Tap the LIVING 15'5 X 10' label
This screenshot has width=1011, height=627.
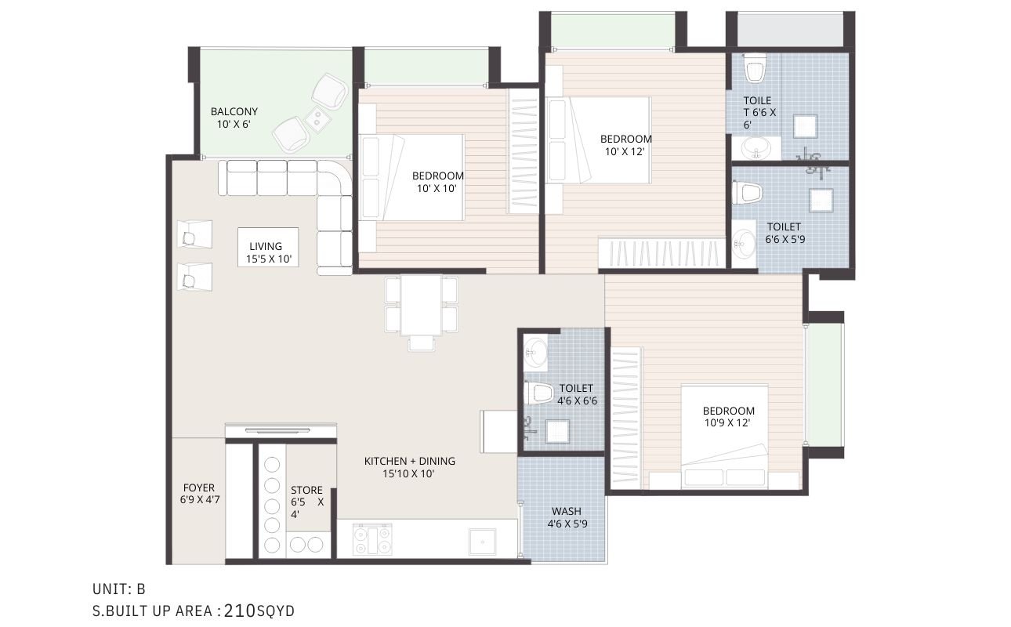(x=268, y=253)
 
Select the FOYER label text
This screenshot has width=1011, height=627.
(x=198, y=488)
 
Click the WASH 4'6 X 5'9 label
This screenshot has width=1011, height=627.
(x=567, y=518)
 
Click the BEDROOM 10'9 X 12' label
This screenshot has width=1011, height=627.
(x=728, y=417)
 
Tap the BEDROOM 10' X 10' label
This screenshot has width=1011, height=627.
(x=437, y=182)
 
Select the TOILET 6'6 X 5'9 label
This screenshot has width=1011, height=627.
(x=785, y=233)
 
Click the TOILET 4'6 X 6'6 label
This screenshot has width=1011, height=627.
(x=577, y=394)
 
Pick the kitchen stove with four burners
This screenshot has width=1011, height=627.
(x=372, y=539)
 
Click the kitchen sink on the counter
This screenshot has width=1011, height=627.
(x=482, y=542)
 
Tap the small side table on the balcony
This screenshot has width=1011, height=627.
(x=317, y=118)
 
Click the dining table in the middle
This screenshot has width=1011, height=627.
(x=421, y=305)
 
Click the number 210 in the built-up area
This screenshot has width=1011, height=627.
(x=240, y=611)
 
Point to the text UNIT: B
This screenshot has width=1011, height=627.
(x=118, y=589)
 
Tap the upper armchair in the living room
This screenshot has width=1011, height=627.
(x=194, y=234)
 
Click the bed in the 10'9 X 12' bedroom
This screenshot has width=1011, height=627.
(x=724, y=437)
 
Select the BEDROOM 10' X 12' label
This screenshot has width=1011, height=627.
(x=625, y=145)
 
